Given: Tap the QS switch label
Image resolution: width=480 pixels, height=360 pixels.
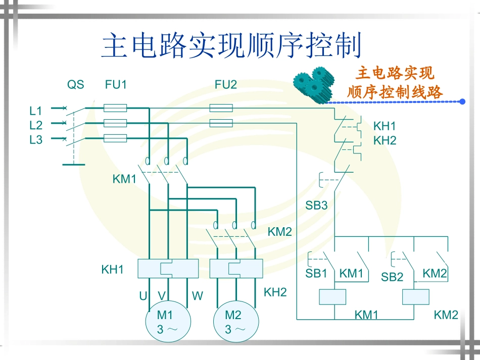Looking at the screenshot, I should click(x=76, y=85).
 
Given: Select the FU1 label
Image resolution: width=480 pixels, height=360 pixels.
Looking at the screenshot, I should click(x=116, y=85).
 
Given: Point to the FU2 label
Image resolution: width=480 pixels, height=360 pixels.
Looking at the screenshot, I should click(x=226, y=85).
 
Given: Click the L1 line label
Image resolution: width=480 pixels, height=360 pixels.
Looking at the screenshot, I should click(x=36, y=111).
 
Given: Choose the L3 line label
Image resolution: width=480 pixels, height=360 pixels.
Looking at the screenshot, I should click(x=36, y=140).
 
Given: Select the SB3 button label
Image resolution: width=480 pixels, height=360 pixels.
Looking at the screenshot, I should click(x=316, y=205).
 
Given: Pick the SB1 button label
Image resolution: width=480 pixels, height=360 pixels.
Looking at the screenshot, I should click(x=316, y=274).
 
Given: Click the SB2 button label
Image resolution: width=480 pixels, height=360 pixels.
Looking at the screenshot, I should click(x=392, y=277).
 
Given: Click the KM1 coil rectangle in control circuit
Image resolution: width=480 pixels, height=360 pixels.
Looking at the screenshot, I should click(x=332, y=297).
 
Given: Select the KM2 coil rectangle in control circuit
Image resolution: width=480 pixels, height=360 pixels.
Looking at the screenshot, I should click(x=416, y=297).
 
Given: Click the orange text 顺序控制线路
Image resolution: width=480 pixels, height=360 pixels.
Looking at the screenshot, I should click(x=395, y=92).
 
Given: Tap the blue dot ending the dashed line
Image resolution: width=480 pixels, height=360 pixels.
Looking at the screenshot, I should click(x=462, y=101).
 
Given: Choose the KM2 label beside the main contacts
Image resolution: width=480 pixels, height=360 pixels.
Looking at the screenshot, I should click(x=280, y=232).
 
